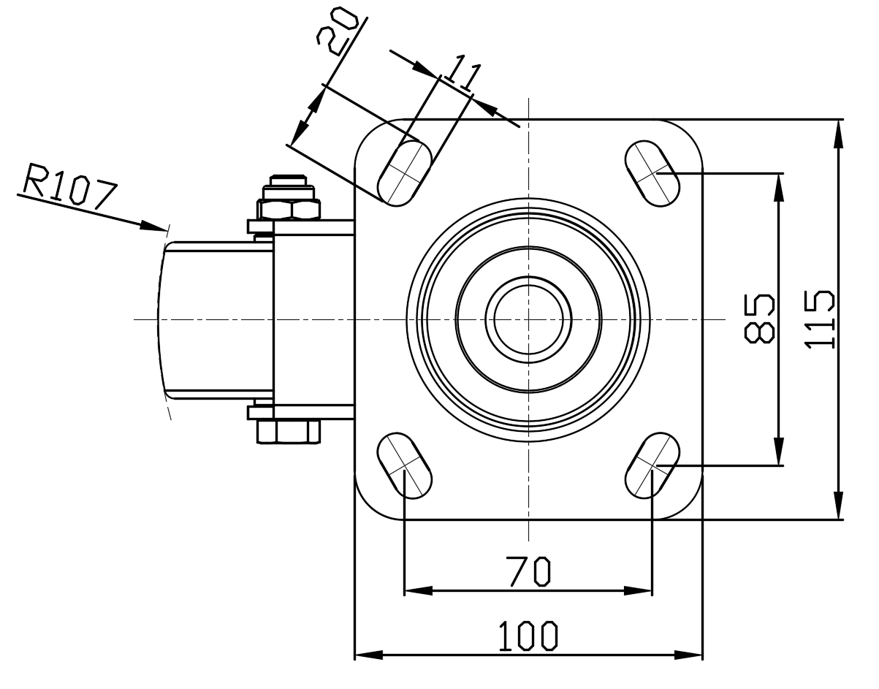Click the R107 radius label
(x=70, y=186)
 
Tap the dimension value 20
(x=337, y=31)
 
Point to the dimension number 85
(x=759, y=319)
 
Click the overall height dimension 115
(x=819, y=319)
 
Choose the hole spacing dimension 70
(x=528, y=571)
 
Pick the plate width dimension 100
(x=528, y=636)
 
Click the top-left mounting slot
(x=405, y=173)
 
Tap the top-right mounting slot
(x=652, y=173)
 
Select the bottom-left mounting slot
(x=405, y=465)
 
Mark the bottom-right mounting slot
(x=652, y=465)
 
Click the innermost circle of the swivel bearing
(x=528, y=319)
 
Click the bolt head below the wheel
(x=289, y=432)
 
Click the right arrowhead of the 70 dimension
(x=639, y=591)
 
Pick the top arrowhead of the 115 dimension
(x=839, y=134)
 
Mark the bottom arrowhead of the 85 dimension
(x=779, y=452)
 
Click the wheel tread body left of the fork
(x=216, y=320)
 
